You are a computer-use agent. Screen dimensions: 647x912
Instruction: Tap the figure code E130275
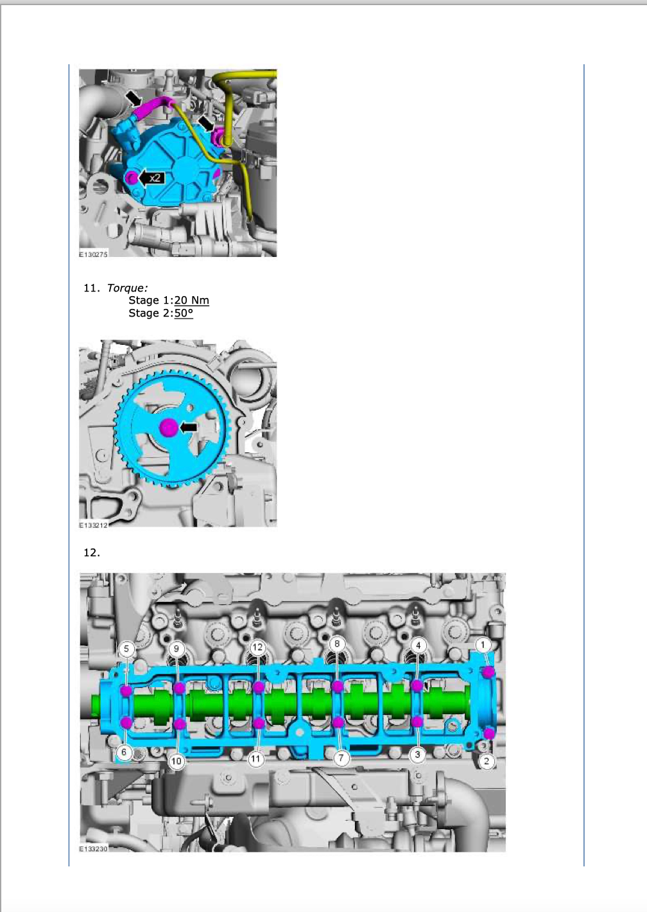pos(93,254)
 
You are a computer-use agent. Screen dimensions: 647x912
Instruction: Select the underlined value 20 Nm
pos(192,300)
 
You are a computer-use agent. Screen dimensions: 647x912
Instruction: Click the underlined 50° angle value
pos(184,313)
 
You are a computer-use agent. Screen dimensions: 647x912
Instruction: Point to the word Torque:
pos(127,288)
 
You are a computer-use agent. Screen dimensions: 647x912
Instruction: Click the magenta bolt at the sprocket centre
pos(168,428)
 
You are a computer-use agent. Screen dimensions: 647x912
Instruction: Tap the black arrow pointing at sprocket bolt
pos(189,427)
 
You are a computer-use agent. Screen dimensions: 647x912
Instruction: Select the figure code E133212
pos(93,525)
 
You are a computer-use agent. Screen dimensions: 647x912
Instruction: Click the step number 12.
pos(92,552)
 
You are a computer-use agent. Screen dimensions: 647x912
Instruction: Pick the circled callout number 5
pos(126,649)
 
